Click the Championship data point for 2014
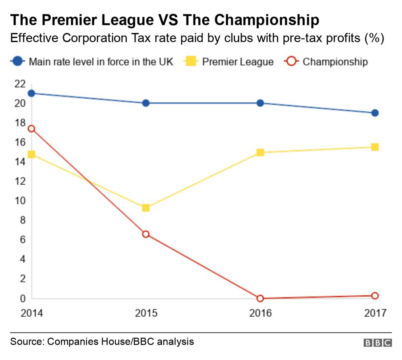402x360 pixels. point(31,129)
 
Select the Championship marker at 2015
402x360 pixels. point(145,234)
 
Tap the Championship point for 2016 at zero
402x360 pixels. point(260,298)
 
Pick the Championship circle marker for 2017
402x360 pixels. point(374,296)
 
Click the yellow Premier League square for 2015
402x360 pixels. point(145,208)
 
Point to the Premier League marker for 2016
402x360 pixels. point(260,153)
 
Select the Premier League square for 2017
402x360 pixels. point(374,147)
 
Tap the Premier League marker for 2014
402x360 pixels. point(31,155)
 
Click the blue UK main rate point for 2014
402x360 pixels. point(31,93)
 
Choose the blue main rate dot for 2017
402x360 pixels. point(374,113)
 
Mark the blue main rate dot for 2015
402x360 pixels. point(145,103)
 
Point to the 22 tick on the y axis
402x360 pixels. point(20,84)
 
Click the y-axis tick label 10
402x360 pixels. point(20,201)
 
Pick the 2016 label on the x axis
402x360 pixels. point(260,313)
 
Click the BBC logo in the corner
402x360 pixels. point(377,343)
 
